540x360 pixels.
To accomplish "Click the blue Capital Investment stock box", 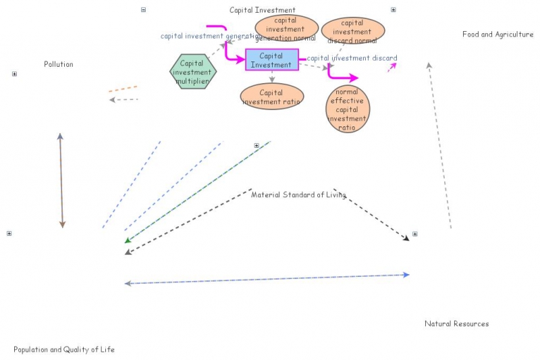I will click(x=271, y=60).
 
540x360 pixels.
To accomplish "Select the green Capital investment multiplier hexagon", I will click(x=192, y=72).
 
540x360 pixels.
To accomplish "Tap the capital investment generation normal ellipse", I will click(x=286, y=29).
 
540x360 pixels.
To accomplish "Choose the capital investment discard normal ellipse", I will click(x=352, y=31).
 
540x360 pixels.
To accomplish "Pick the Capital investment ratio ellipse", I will click(x=272, y=97).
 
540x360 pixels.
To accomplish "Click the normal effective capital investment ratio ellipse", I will click(x=348, y=109).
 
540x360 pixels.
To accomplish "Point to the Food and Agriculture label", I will click(x=497, y=34).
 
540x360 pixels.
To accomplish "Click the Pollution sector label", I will click(x=59, y=65).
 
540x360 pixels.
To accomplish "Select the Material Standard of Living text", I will click(x=298, y=195).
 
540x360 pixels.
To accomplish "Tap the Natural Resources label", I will click(x=456, y=324).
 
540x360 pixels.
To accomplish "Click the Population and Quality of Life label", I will click(x=64, y=350).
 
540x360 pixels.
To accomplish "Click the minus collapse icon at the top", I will click(x=143, y=9).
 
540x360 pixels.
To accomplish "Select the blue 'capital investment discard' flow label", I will click(x=352, y=59).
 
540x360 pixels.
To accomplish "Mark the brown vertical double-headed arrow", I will click(x=61, y=180).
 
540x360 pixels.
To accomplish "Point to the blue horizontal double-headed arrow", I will click(x=267, y=279).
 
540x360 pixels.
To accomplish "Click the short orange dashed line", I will click(x=123, y=88).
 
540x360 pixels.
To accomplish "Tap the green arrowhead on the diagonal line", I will click(x=128, y=240).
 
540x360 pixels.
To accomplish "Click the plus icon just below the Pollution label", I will click(x=14, y=74).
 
